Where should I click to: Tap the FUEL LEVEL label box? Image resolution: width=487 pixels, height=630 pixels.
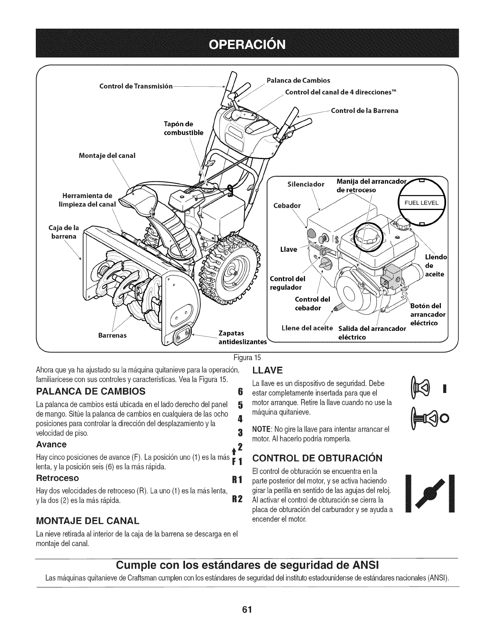coord(421,203)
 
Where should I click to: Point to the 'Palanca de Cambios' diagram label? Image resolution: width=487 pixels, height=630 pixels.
coord(298,80)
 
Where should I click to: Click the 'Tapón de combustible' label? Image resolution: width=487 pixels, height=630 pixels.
coord(183,128)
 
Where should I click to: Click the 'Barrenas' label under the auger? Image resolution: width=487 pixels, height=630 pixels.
coord(113,335)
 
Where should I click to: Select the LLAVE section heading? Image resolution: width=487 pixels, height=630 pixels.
coord(267,370)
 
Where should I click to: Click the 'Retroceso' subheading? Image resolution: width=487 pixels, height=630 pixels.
coord(57,477)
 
